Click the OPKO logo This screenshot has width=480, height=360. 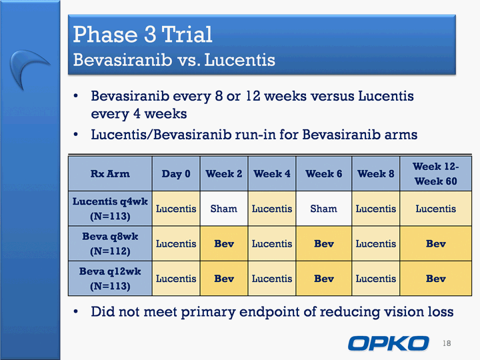(388, 343)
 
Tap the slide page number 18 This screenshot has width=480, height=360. (447, 343)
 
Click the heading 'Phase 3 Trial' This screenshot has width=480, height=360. (143, 34)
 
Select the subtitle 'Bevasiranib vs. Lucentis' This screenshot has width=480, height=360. (174, 59)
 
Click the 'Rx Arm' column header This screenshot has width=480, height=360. (110, 173)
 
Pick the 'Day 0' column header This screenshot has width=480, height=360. (176, 173)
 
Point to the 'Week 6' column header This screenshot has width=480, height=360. (324, 173)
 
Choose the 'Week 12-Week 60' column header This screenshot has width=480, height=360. (435, 173)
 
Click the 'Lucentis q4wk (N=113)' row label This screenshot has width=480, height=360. (110, 209)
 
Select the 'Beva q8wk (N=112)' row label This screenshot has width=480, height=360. (110, 244)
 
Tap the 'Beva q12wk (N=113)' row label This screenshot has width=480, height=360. (110, 279)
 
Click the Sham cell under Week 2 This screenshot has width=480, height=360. (224, 209)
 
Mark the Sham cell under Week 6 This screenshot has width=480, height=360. (324, 209)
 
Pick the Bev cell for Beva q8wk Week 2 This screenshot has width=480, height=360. (224, 244)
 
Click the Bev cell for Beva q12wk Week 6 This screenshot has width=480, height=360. (324, 279)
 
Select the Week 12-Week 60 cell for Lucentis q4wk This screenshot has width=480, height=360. (435, 209)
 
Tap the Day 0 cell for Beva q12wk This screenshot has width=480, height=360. (176, 279)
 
